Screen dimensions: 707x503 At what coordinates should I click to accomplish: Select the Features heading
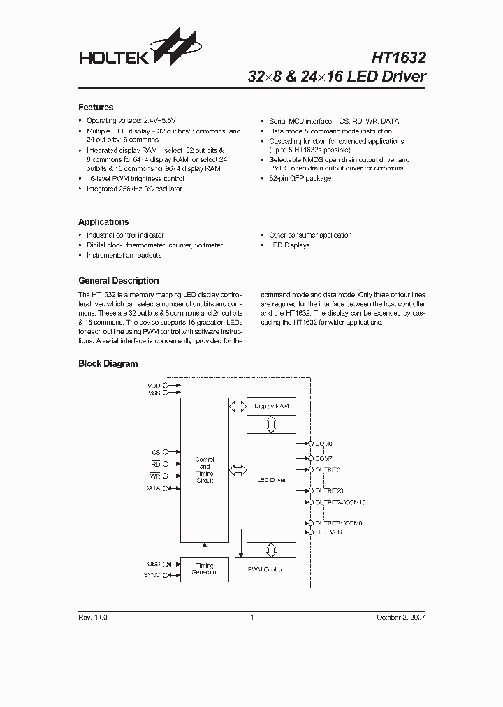[96, 108]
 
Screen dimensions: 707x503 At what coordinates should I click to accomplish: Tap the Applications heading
[103, 222]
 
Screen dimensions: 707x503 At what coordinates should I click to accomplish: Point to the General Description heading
[118, 281]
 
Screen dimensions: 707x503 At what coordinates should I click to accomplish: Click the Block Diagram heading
[108, 364]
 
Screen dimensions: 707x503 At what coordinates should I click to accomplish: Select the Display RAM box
[271, 407]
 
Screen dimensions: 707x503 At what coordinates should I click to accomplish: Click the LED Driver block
[271, 481]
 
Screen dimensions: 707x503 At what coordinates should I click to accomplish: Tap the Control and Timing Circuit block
[204, 470]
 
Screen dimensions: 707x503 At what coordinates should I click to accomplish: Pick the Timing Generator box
[204, 569]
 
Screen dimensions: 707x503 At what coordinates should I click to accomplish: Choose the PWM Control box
[265, 569]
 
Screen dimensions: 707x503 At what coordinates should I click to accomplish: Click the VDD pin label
[153, 385]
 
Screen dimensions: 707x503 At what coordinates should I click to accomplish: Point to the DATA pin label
[152, 489]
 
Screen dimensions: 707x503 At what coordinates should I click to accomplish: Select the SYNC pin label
[152, 575]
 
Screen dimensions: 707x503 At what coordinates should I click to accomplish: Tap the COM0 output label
[324, 444]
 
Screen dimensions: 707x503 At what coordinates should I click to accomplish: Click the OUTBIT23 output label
[329, 491]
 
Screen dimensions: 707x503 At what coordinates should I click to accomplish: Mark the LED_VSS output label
[328, 532]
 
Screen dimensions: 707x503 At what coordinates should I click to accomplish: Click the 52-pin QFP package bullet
[300, 179]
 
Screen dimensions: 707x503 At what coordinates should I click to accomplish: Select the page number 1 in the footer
[251, 618]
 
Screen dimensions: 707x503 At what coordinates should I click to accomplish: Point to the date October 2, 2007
[400, 618]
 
